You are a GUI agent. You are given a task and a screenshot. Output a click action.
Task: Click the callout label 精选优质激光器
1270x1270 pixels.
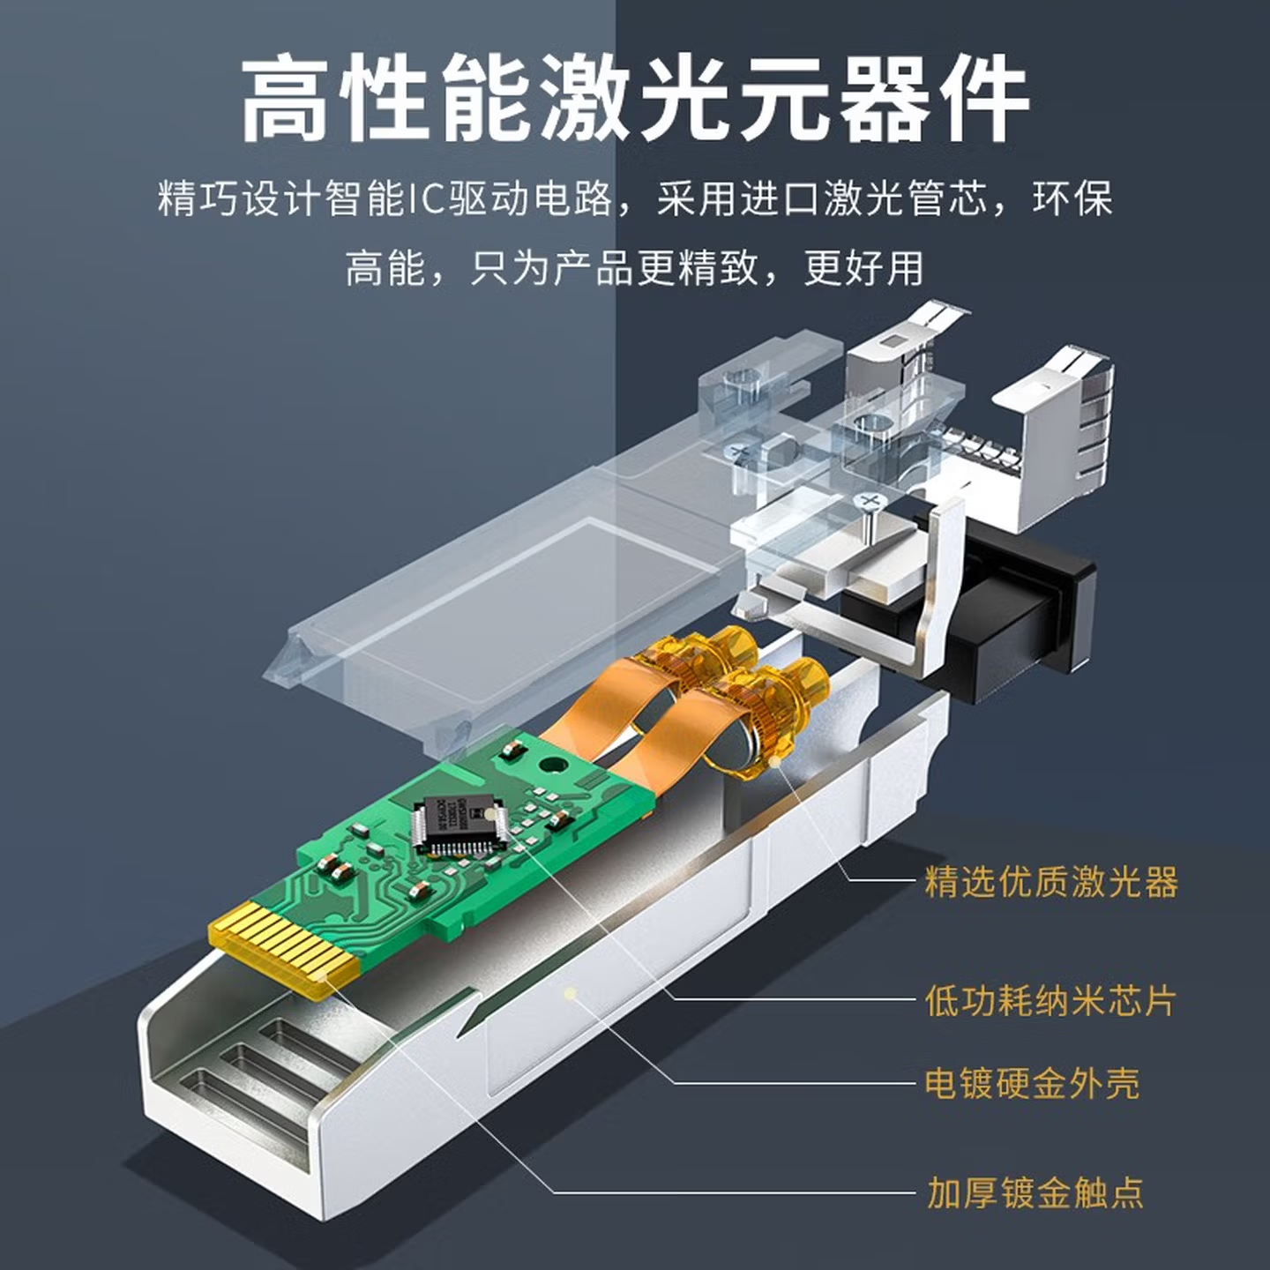(x=1051, y=881)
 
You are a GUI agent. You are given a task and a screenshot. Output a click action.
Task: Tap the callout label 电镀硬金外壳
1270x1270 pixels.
(x=1032, y=1084)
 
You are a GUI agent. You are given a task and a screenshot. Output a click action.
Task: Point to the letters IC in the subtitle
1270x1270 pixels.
(x=425, y=198)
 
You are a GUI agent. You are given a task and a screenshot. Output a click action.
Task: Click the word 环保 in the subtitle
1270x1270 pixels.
(x=1073, y=198)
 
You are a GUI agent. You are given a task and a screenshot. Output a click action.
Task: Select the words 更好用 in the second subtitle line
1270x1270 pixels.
(x=864, y=268)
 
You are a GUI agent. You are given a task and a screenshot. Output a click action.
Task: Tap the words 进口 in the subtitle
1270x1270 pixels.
(x=781, y=198)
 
